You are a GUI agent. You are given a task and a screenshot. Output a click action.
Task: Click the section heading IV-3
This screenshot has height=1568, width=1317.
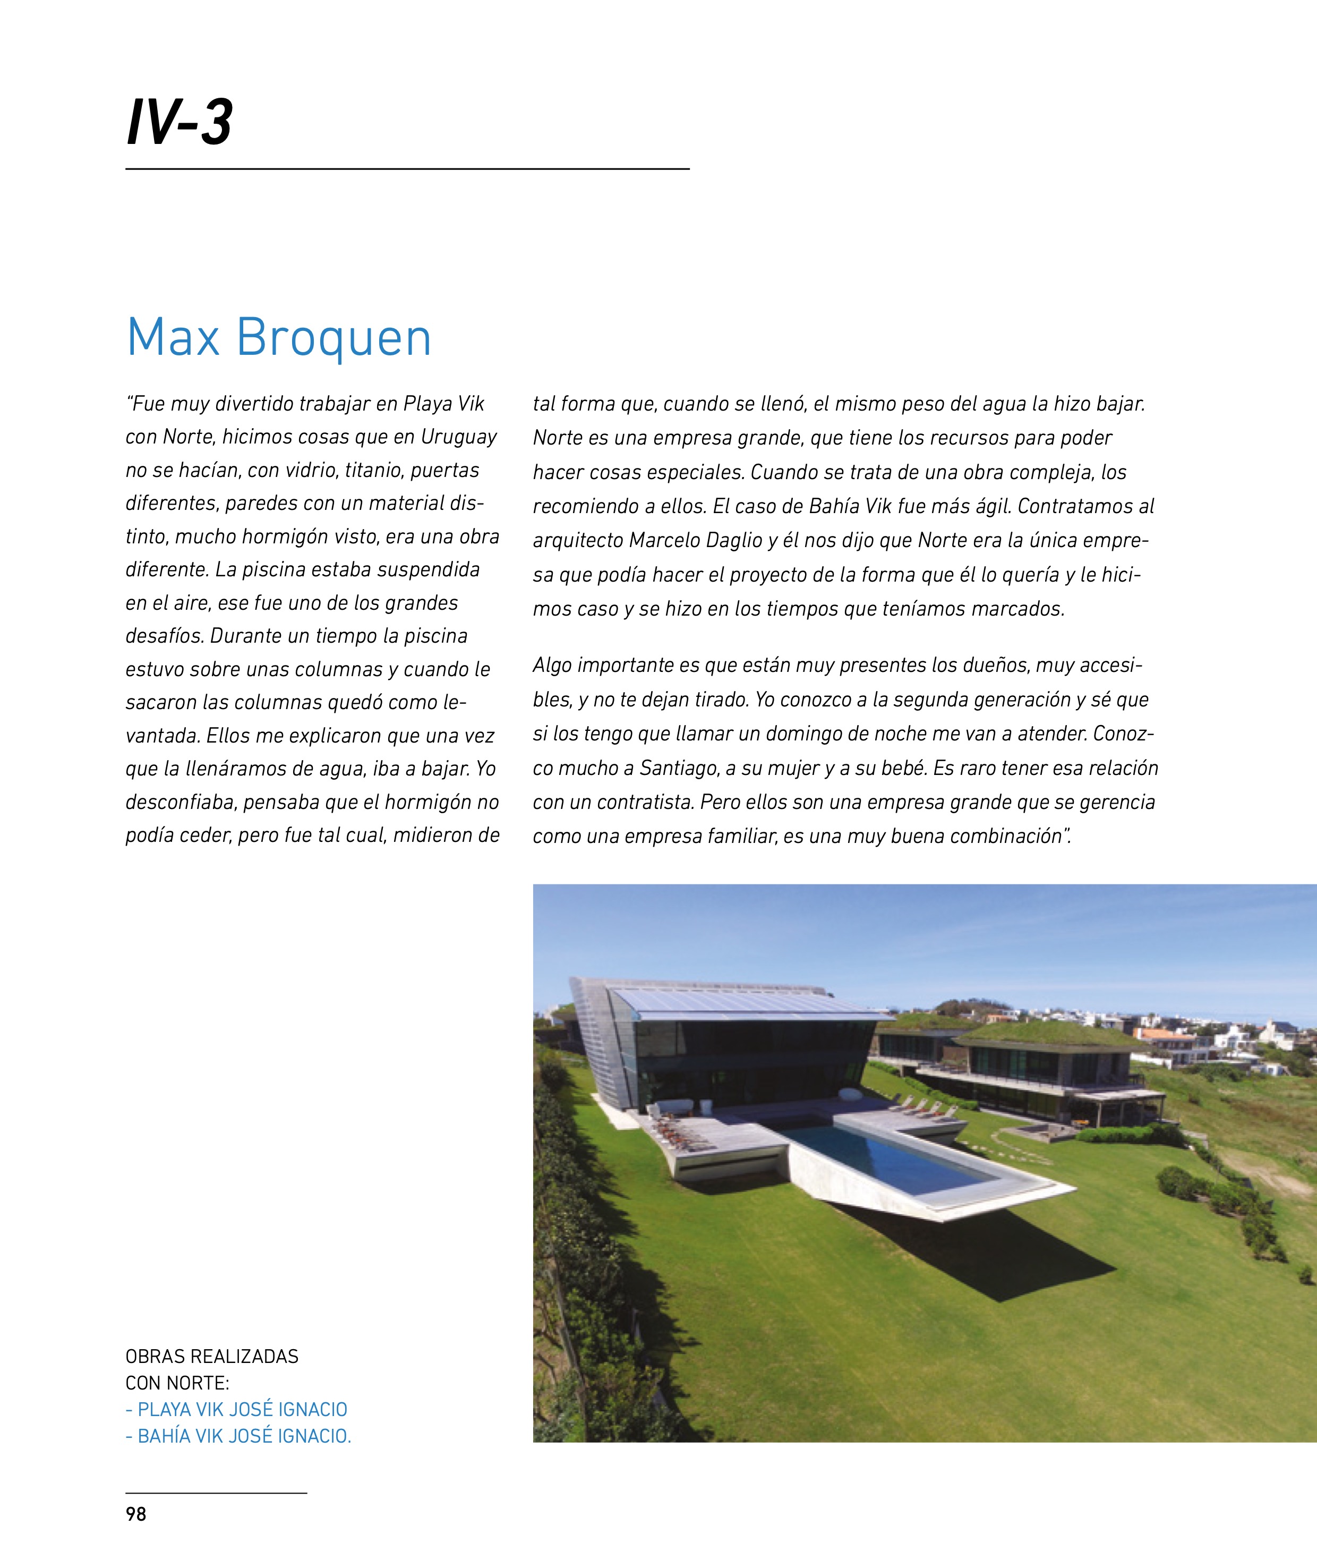coord(179,122)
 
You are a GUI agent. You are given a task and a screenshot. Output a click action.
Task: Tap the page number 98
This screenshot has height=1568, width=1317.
coord(136,1514)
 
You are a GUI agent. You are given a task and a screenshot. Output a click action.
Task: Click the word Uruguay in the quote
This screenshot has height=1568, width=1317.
coord(458,437)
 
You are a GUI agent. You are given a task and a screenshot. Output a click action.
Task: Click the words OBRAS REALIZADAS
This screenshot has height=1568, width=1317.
coord(212,1356)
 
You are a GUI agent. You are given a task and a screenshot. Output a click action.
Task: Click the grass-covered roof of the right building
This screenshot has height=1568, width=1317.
coord(1045,1034)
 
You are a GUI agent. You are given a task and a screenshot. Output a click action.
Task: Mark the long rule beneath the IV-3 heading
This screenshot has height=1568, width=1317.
coord(407,169)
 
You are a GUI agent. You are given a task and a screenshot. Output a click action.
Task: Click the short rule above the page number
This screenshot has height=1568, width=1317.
coord(217,1493)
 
